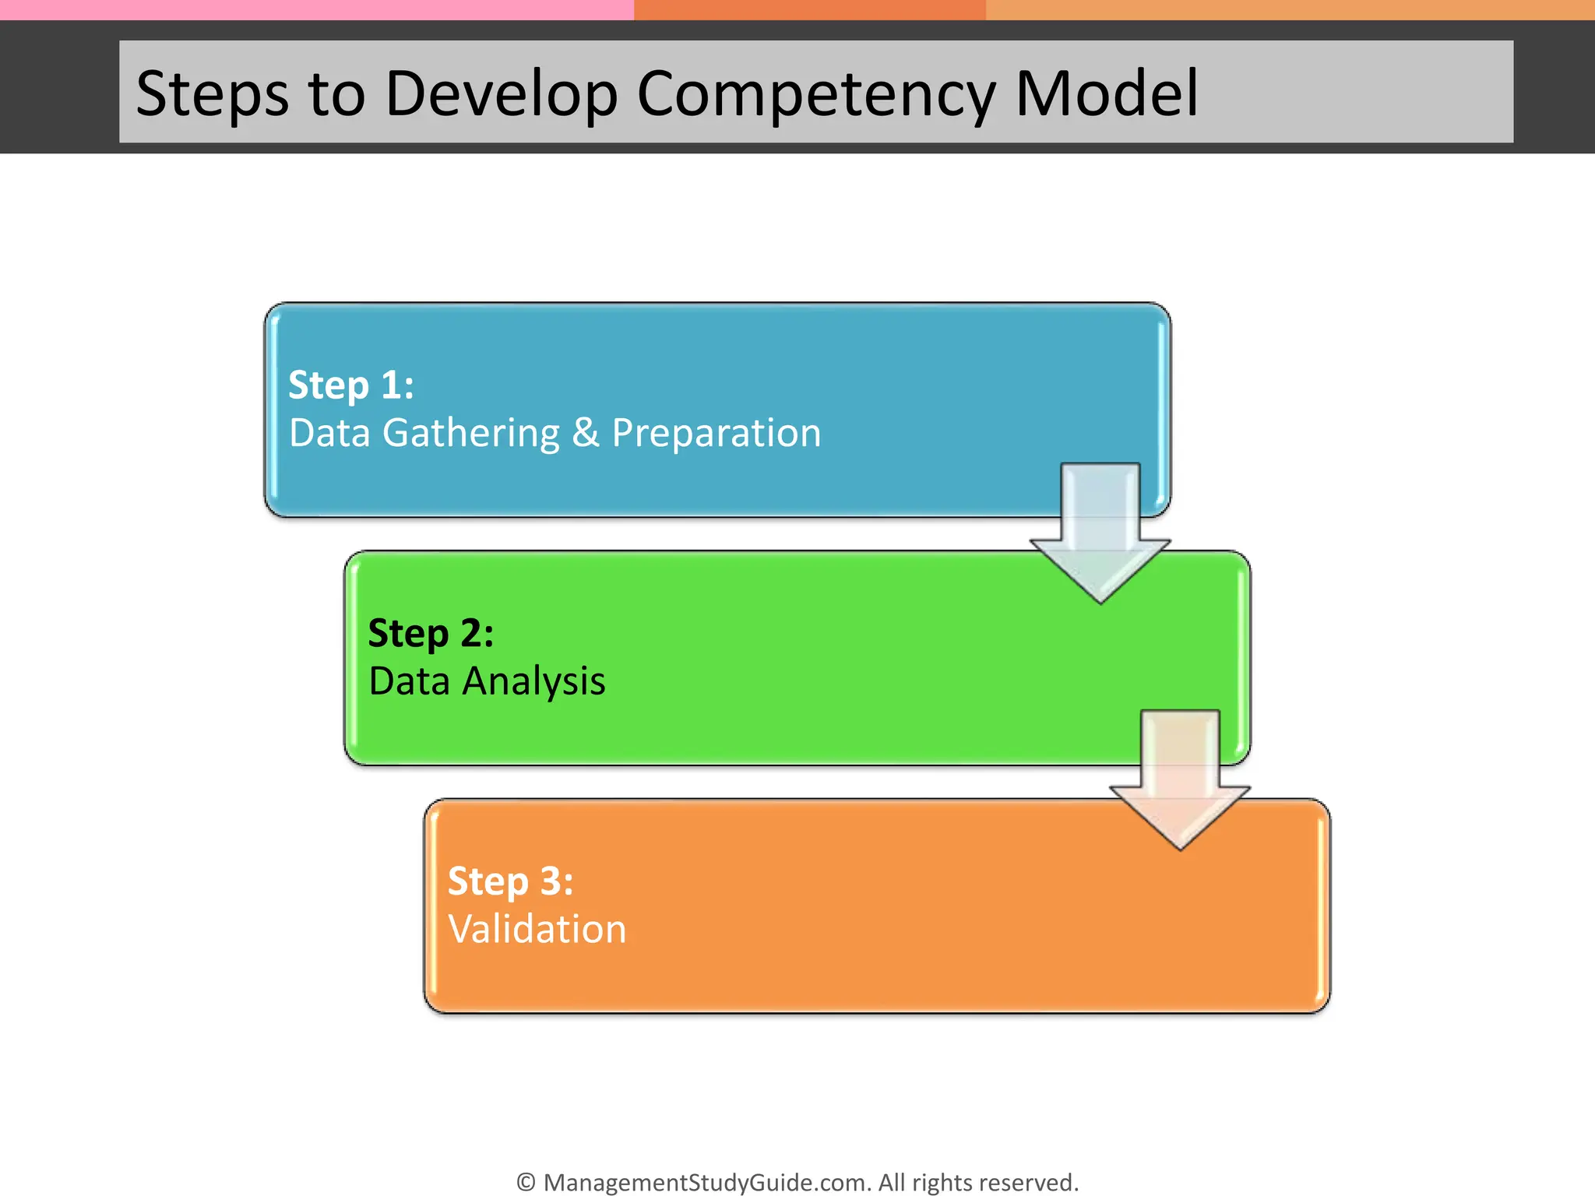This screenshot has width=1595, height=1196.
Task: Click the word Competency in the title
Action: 815,94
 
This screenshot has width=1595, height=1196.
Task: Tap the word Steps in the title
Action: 212,94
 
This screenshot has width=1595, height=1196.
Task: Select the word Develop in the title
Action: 501,94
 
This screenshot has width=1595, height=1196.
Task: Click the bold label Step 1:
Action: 350,385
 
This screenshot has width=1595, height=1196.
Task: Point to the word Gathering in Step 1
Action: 470,433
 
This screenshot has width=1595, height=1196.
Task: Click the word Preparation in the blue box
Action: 716,433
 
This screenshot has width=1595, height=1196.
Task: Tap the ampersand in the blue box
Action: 586,433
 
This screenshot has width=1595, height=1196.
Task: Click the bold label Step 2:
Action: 431,632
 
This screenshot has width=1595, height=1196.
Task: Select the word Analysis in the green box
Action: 533,681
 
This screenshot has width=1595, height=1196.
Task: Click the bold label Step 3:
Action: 510,881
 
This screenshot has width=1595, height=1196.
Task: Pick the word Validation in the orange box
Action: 537,929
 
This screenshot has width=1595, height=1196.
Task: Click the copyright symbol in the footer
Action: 526,1182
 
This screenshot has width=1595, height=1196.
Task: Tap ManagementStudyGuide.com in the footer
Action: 706,1182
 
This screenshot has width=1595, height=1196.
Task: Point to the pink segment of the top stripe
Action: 312,9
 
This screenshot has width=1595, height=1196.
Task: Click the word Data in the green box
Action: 409,681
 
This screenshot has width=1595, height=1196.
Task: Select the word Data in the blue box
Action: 329,433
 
